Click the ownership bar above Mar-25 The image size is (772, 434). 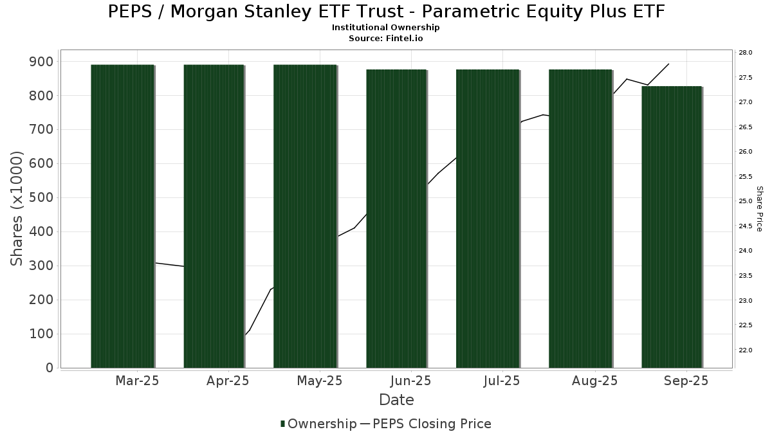click(123, 216)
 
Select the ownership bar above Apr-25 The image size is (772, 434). click(214, 216)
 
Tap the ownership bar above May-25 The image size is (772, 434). click(305, 216)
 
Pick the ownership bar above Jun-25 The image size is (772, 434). click(396, 219)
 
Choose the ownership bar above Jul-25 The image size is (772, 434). click(488, 219)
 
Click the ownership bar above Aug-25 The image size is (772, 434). click(580, 219)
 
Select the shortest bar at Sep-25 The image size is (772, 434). click(672, 227)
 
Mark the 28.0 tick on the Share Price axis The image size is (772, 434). click(745, 52)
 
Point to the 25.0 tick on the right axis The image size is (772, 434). click(745, 201)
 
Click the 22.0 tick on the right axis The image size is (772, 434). click(745, 350)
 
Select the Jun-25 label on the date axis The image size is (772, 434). click(411, 381)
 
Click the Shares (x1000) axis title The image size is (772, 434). click(16, 209)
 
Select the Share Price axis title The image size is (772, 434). click(759, 209)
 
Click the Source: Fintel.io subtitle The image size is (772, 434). click(385, 38)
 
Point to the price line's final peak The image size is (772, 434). click(668, 64)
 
